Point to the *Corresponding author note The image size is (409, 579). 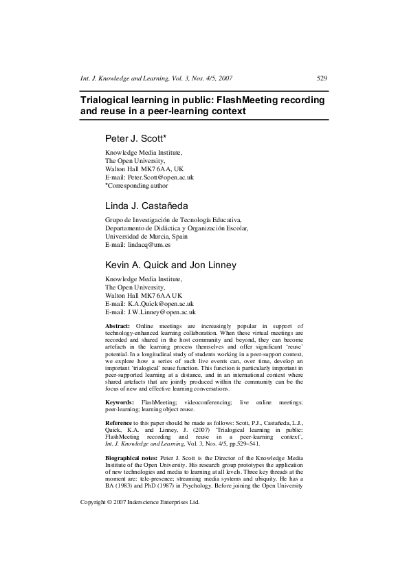click(136, 185)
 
